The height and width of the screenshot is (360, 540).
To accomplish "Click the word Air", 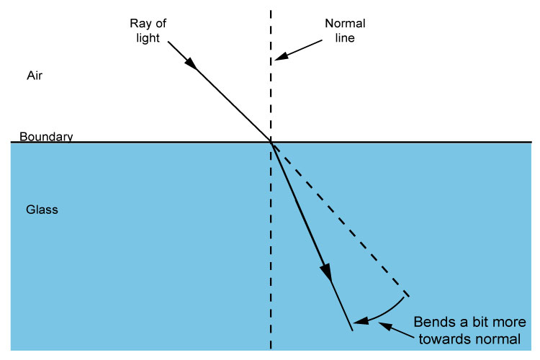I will click(35, 75).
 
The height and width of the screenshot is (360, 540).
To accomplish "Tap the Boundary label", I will click(46, 136).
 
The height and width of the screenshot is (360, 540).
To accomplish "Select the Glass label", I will click(42, 210).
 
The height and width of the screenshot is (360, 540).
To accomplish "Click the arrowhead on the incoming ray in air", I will click(192, 63).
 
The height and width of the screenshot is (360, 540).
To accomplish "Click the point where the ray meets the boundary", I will click(271, 142).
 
